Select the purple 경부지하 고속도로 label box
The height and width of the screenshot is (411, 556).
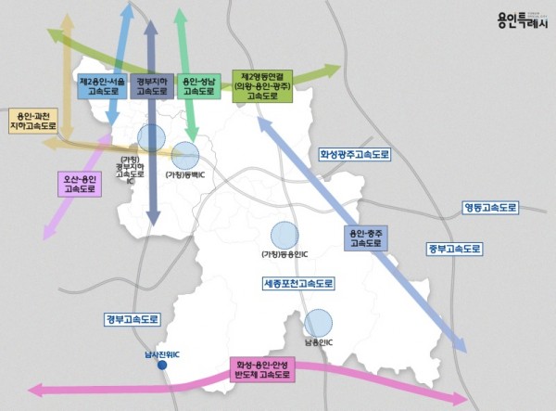click(151, 86)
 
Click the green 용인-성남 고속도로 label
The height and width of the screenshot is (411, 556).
click(199, 86)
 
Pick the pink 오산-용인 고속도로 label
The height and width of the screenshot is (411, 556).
click(82, 183)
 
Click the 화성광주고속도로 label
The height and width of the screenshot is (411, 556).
click(356, 154)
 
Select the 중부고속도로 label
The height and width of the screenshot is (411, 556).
click(454, 250)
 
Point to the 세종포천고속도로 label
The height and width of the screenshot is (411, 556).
click(298, 282)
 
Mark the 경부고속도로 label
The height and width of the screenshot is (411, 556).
click(133, 319)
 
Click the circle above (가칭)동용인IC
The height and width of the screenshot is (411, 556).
click(284, 236)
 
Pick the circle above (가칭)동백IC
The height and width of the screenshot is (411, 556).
click(185, 156)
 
